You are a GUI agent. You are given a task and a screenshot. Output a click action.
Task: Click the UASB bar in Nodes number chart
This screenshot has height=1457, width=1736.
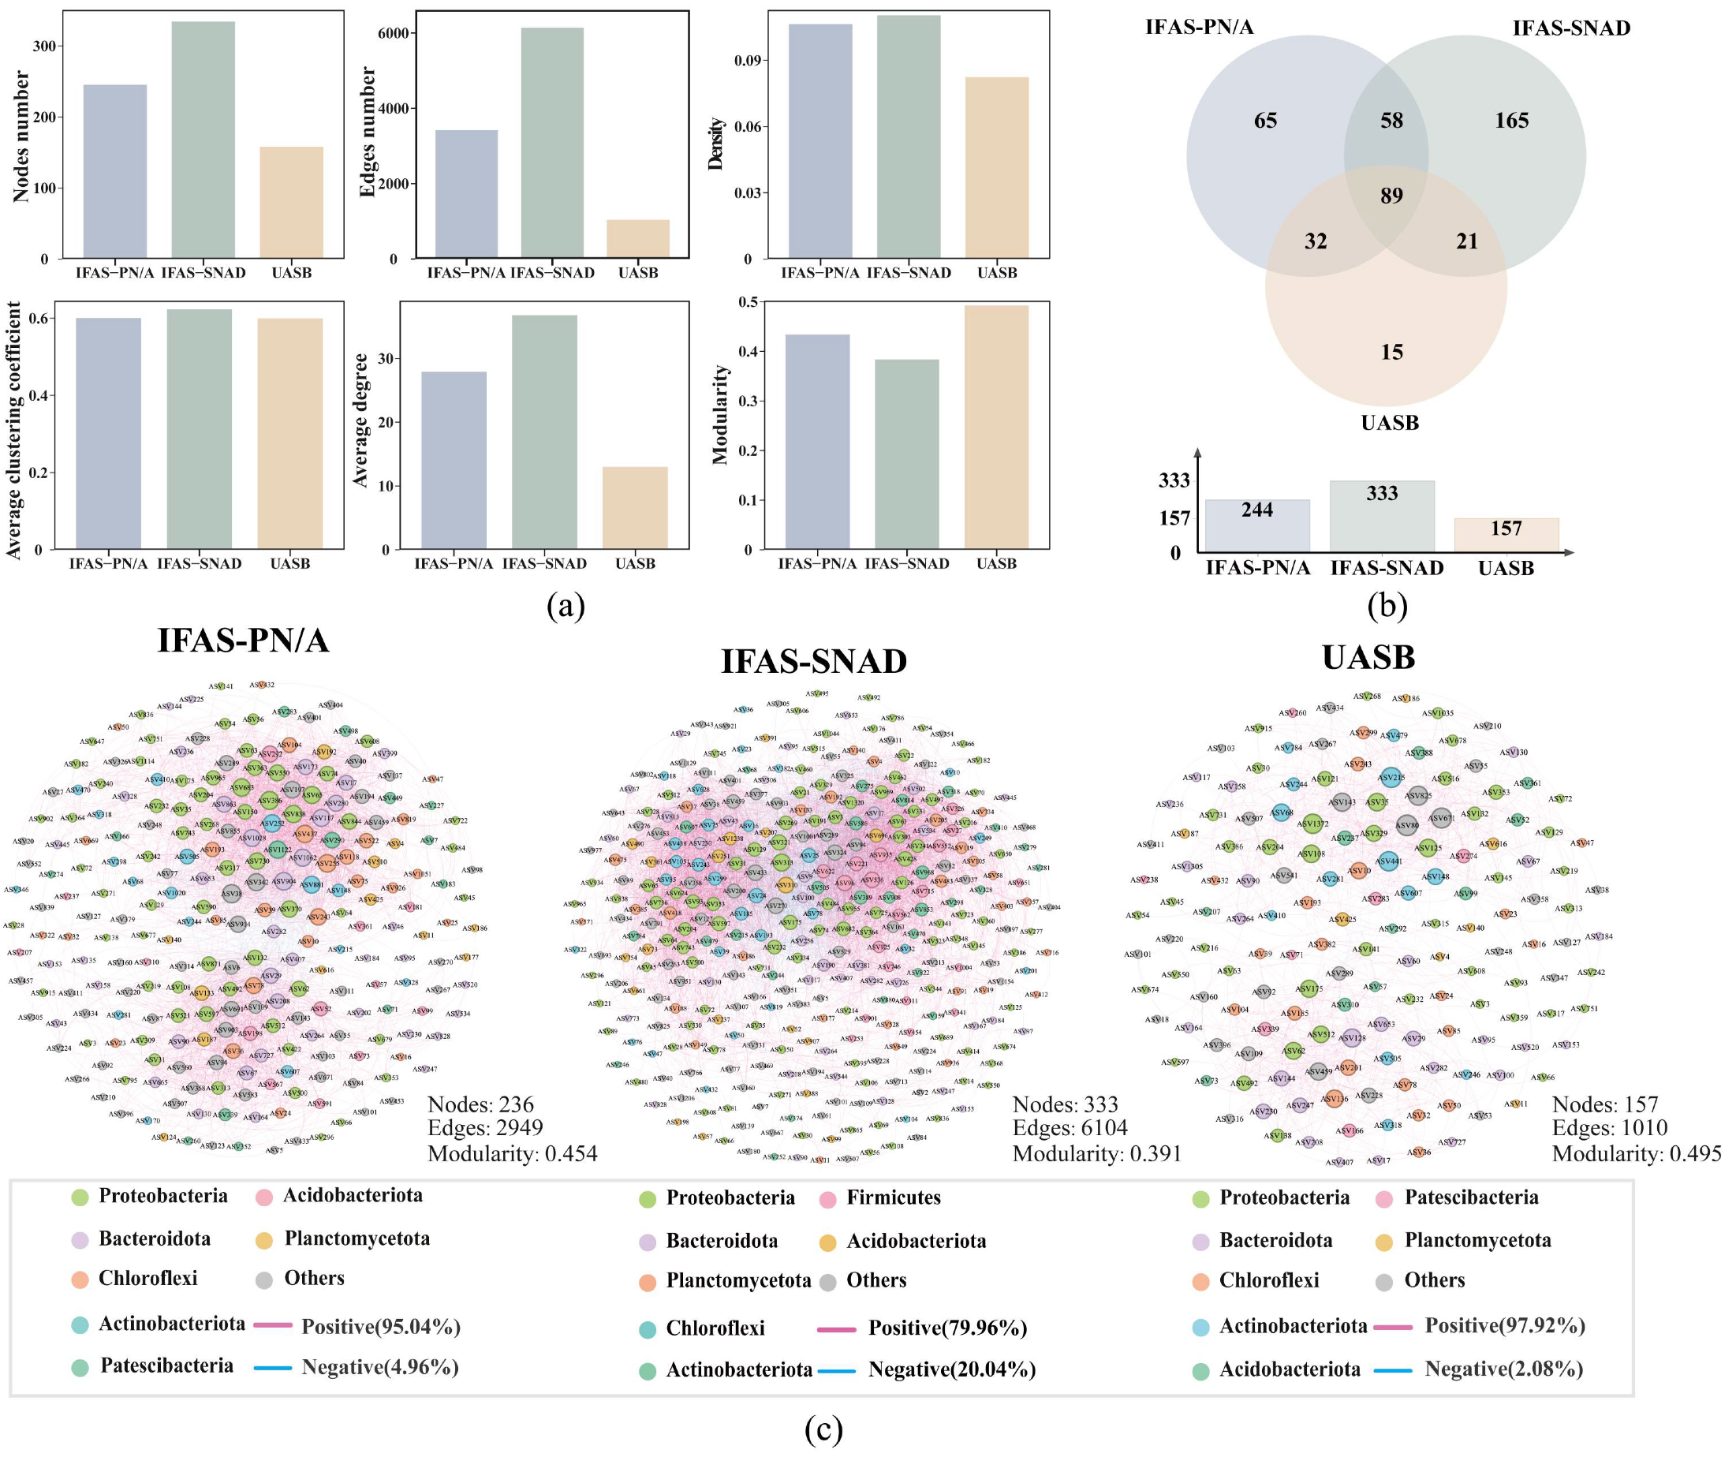point(291,203)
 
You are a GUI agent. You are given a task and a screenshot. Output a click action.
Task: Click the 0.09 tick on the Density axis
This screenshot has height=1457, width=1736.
point(749,61)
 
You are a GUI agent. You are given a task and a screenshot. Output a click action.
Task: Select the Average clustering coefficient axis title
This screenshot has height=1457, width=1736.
point(14,430)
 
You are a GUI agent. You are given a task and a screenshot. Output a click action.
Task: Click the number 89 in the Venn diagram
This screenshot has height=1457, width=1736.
point(1391,196)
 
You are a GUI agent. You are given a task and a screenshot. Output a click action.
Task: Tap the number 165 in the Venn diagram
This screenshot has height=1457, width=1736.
point(1511,121)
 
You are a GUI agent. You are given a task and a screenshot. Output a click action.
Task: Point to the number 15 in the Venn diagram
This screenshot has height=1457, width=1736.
point(1391,353)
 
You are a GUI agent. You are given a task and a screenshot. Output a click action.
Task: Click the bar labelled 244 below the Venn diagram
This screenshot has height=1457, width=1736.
point(1256,525)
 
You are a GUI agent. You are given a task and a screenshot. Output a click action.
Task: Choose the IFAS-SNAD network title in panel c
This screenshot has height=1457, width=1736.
point(813,662)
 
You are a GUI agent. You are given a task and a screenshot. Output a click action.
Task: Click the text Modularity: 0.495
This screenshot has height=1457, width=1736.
point(1636,1153)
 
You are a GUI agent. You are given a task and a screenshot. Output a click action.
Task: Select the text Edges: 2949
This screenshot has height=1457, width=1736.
point(485,1128)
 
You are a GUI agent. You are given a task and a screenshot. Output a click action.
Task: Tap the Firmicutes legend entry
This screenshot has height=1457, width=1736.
point(893,1197)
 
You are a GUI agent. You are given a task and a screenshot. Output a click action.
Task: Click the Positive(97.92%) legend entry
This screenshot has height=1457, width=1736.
point(1503,1325)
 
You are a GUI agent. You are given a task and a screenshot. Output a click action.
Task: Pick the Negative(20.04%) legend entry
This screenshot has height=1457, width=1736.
point(950,1370)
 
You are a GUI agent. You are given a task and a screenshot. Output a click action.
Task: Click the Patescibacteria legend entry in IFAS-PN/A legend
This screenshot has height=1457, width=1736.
point(166,1365)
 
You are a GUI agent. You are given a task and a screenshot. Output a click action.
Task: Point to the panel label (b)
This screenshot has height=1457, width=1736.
point(1387,606)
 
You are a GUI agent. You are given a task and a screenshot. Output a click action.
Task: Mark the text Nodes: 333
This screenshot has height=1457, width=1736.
point(1065,1104)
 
